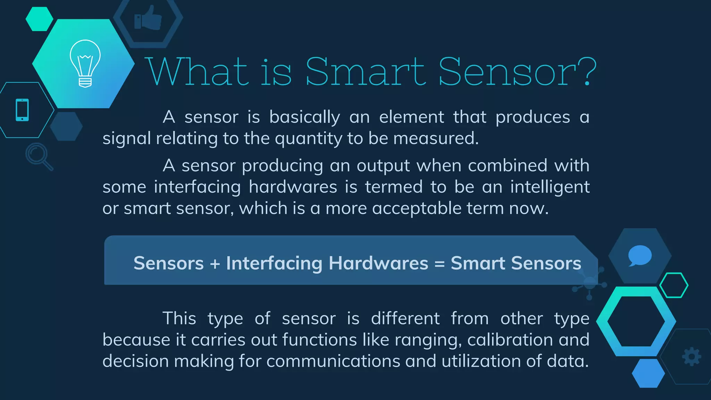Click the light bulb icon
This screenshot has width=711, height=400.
[85, 63]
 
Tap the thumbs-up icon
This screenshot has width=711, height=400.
[148, 18]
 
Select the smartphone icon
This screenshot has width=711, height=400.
[22, 110]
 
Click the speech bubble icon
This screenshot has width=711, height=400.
[639, 256]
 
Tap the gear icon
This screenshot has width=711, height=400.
[692, 356]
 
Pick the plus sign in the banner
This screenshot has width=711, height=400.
[215, 264]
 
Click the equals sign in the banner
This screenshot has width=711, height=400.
[440, 264]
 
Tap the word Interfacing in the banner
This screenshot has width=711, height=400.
[274, 264]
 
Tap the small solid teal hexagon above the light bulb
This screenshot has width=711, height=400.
[39, 19]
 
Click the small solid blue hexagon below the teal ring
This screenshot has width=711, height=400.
[648, 373]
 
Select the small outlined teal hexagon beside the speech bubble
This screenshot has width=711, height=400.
[674, 285]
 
